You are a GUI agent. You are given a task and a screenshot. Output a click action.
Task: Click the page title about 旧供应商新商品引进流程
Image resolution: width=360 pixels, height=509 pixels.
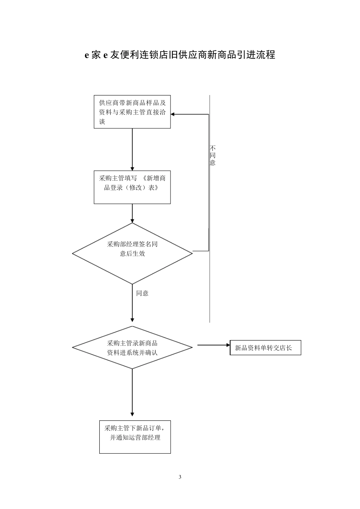[180, 55]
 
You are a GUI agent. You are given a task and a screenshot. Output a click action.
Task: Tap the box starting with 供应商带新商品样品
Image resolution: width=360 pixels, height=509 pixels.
[132, 112]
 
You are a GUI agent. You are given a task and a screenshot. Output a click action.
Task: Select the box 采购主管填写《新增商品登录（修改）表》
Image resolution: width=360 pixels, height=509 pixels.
[132, 187]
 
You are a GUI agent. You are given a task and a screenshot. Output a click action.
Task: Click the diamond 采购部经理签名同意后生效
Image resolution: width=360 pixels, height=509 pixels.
[132, 253]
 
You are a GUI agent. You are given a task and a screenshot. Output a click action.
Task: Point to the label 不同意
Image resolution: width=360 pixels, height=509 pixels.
[213, 155]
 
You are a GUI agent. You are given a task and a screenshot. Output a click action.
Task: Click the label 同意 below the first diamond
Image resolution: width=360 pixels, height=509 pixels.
[142, 293]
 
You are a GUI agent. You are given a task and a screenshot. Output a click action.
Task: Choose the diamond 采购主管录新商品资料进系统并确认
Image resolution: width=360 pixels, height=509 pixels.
[132, 348]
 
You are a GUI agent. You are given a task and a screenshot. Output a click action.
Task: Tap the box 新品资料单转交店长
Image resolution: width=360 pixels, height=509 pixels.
[265, 348]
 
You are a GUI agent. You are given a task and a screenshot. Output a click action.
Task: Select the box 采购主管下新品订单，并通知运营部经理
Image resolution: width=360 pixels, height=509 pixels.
[135, 437]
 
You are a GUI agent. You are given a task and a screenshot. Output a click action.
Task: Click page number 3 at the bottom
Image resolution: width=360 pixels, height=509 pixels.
[180, 477]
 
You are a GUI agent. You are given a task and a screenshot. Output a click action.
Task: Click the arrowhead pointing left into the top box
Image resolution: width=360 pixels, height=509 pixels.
[173, 114]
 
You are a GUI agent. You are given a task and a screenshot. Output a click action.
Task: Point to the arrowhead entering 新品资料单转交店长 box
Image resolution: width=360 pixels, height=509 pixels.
[228, 345]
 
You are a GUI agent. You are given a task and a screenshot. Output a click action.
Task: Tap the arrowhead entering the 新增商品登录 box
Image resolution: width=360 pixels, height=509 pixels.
[132, 169]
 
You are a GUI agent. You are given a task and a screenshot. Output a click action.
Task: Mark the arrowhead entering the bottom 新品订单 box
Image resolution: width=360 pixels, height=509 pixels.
[132, 414]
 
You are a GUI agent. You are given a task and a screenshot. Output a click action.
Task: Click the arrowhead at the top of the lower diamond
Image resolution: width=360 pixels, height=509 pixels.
[132, 319]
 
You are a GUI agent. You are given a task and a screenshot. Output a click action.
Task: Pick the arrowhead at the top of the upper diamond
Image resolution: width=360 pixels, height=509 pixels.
[132, 220]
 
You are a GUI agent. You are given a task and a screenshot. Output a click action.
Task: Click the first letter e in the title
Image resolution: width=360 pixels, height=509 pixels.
[87, 55]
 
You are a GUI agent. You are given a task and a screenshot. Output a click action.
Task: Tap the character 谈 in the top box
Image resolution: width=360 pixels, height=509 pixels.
[102, 122]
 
